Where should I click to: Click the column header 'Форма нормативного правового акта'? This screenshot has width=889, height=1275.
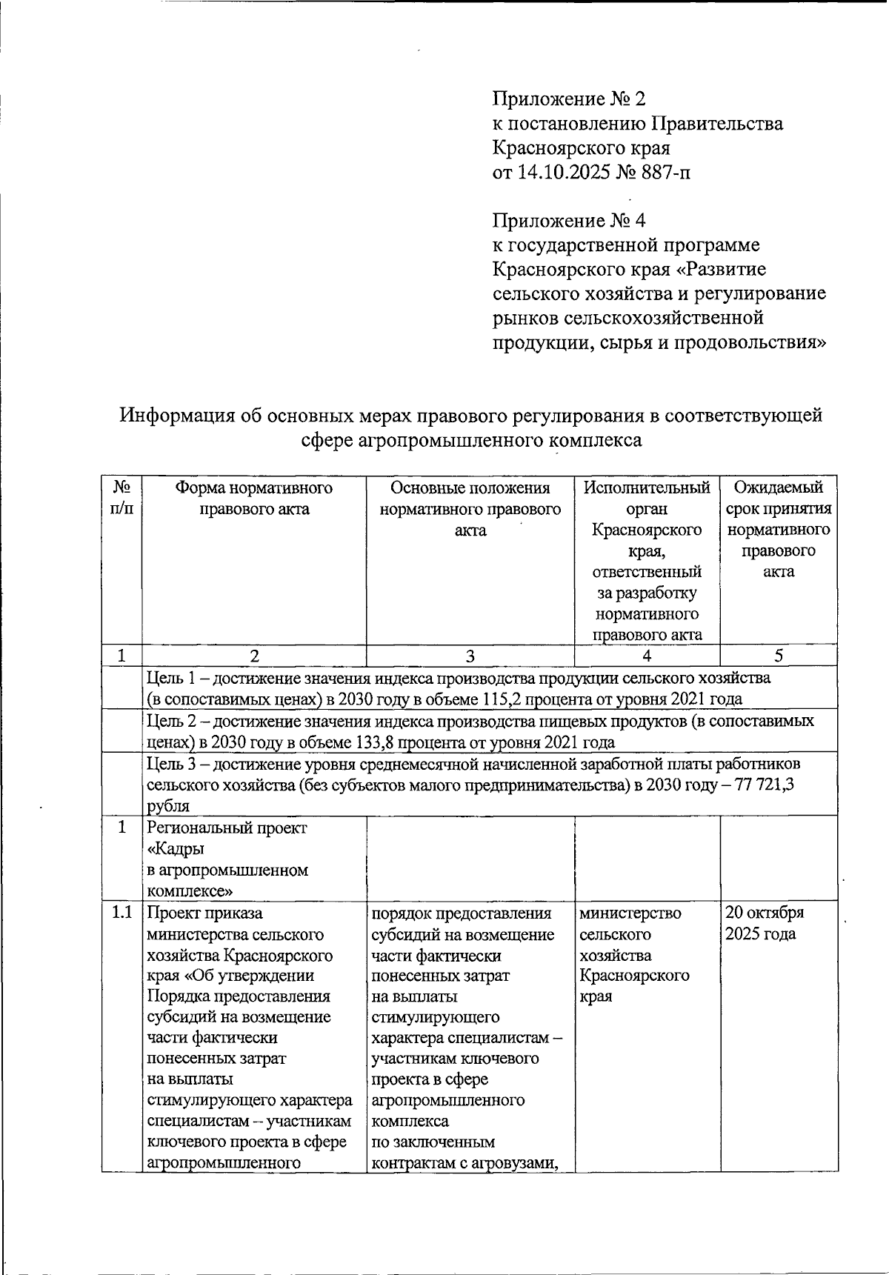click(254, 498)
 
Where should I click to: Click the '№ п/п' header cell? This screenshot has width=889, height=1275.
click(121, 498)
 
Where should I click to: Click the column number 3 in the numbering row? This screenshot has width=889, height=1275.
click(470, 656)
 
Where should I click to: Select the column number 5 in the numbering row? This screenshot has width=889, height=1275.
click(778, 656)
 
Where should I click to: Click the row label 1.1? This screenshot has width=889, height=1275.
click(121, 913)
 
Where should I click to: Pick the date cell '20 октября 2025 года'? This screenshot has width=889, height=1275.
click(764, 923)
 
